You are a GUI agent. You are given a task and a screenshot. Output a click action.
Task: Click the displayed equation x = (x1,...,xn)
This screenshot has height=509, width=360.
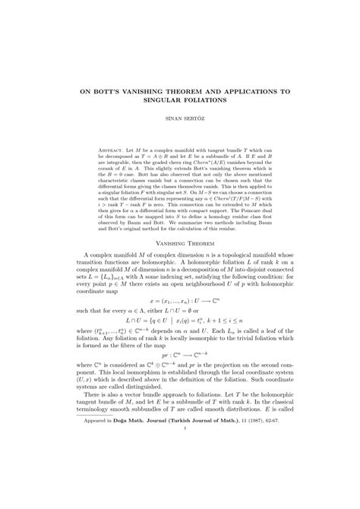click(x=180, y=302)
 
